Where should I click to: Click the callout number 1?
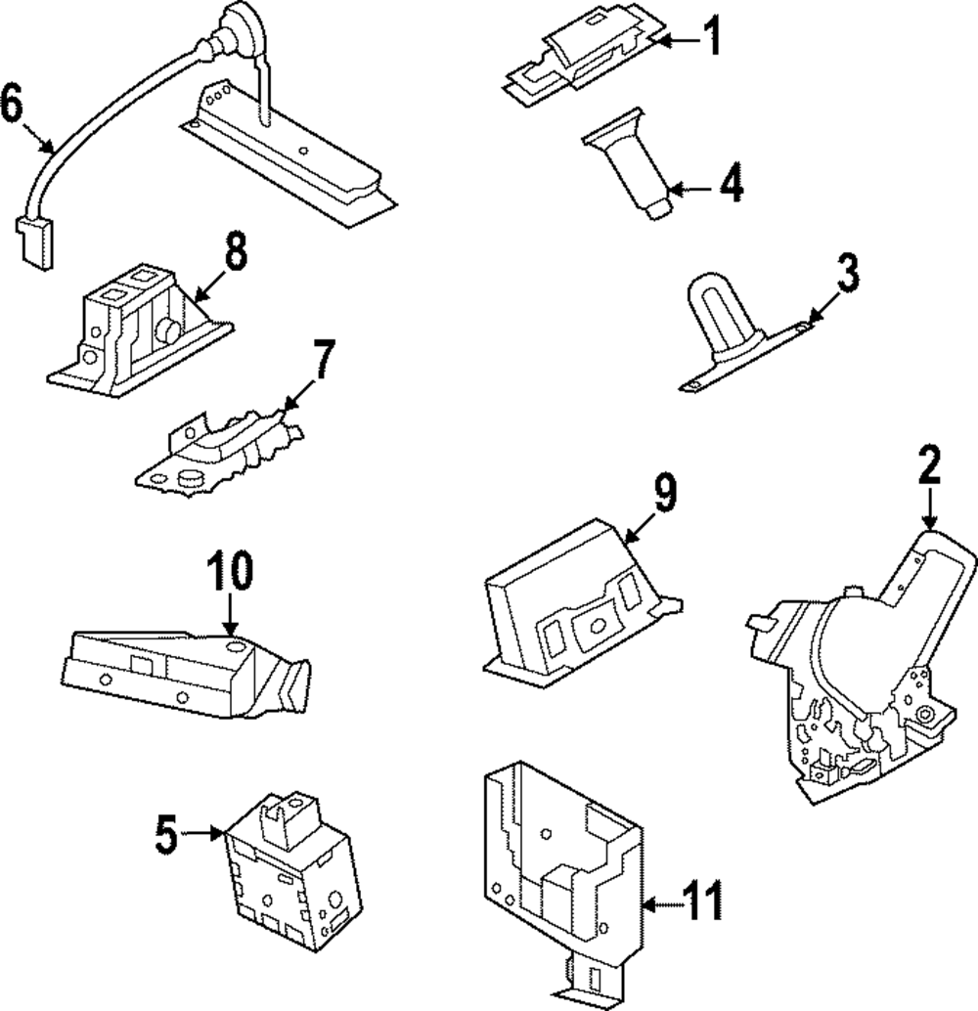click(712, 37)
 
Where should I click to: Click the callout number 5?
click(166, 834)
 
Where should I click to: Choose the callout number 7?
click(323, 359)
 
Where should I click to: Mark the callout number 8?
click(236, 251)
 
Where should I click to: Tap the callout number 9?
click(665, 492)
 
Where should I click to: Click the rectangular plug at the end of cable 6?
click(34, 242)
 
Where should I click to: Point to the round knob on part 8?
click(168, 331)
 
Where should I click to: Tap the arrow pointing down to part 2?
click(929, 508)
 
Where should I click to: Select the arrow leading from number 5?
click(202, 834)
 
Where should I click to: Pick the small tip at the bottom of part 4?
click(660, 207)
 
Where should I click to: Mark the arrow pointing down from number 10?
click(230, 615)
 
